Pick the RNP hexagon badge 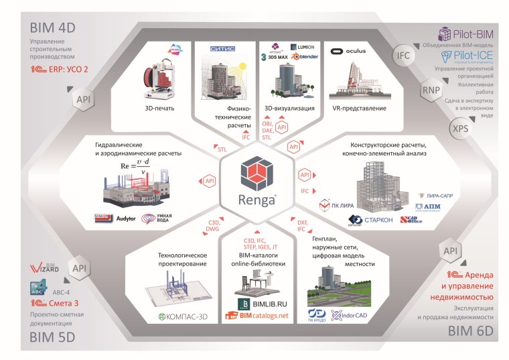coord(429,91)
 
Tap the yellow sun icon coord(239,70)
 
